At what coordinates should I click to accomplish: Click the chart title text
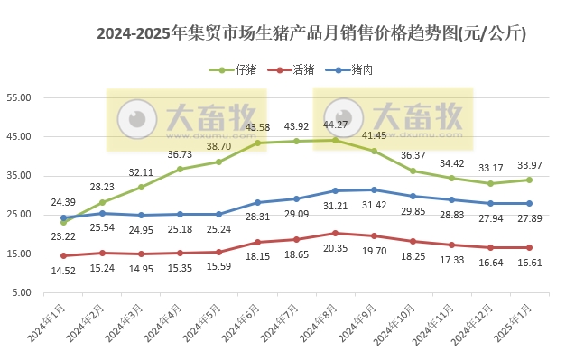tap(311, 34)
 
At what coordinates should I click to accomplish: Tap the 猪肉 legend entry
tap(358, 69)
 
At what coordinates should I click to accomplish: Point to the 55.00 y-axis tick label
tap(19, 97)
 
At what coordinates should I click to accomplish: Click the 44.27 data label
tap(335, 125)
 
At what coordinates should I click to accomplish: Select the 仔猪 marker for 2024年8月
tap(335, 140)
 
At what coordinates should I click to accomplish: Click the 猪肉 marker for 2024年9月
tap(374, 189)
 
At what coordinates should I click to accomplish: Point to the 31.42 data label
tap(374, 205)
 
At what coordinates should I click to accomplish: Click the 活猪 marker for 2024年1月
tap(63, 255)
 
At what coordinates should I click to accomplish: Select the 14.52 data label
tap(63, 271)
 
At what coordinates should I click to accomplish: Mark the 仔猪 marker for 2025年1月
tap(529, 180)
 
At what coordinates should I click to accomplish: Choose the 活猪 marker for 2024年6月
tap(257, 242)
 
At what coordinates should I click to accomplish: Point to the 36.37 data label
tap(413, 155)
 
